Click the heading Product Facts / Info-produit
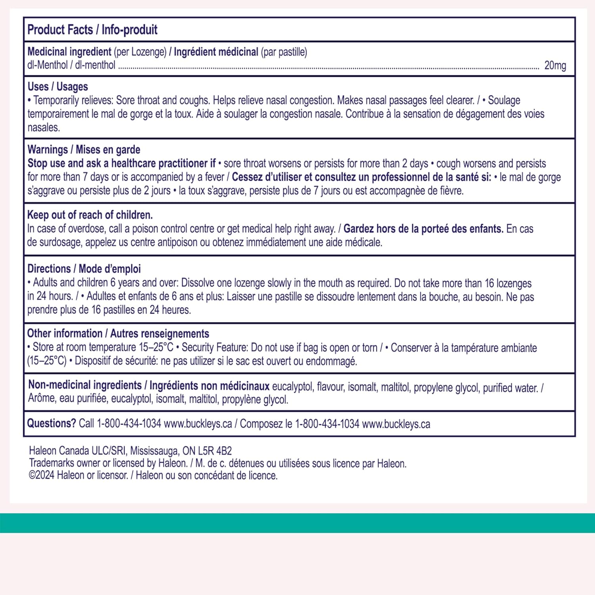coord(92,30)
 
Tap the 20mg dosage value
coord(555,65)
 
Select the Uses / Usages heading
coord(58,86)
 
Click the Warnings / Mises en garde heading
coord(84,150)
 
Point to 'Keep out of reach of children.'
coord(90,215)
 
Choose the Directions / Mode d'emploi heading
coord(84,269)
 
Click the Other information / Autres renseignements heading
coord(118,334)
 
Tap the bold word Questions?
coord(51,423)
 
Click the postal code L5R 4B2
coord(215,451)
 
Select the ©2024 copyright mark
coord(41,475)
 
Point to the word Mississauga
coord(155,451)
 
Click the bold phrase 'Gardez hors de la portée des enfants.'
coord(423,229)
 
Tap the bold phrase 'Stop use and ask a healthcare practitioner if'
coord(121,163)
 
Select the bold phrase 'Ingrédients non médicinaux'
coord(209,386)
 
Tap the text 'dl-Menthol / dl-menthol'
coord(71,65)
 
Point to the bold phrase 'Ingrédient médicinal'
coord(216,52)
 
